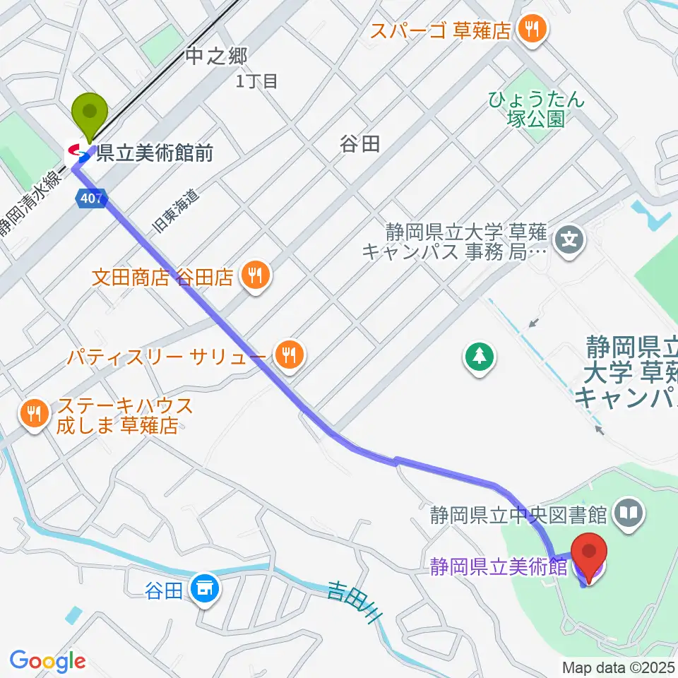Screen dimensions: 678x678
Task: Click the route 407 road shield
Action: (91, 200)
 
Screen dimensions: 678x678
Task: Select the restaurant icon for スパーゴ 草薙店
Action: (530, 29)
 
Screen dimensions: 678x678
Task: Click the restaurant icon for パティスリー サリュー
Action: (288, 353)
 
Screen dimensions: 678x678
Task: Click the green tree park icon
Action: (480, 355)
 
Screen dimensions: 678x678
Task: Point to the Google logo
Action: (47, 660)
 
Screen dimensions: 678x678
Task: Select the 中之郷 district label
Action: (216, 56)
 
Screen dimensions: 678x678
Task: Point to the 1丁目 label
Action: (257, 81)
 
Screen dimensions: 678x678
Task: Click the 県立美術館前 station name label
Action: (155, 153)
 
